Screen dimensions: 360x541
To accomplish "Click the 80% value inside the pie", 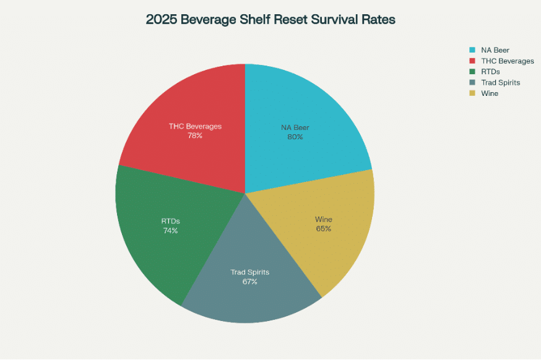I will tap(295, 137).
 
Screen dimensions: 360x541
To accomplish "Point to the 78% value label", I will tap(195, 135).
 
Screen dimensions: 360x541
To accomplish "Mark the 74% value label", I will tap(170, 231).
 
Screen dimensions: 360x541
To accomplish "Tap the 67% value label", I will tap(250, 282).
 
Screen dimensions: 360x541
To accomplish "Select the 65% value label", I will tap(323, 229).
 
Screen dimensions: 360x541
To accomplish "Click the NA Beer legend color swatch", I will tap(472, 50).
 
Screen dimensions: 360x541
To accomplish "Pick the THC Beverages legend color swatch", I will tap(472, 61).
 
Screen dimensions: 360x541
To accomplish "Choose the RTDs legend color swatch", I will tap(472, 72).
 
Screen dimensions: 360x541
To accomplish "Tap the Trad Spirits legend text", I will tap(500, 83).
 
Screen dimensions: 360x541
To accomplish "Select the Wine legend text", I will tap(489, 93).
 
